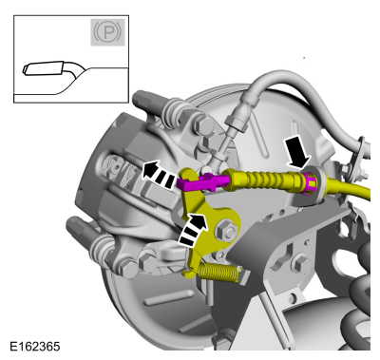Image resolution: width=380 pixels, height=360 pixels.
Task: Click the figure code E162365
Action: tap(34, 346)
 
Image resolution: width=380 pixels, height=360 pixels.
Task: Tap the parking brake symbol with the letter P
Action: tap(107, 32)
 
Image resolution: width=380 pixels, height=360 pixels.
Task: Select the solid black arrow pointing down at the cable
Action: tap(297, 153)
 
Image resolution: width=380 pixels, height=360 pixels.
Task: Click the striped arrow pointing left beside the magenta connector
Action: tap(158, 174)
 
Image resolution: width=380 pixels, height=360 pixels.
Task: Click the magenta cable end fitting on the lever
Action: tap(202, 182)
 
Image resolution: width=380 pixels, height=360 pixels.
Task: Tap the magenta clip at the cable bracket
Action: tap(309, 183)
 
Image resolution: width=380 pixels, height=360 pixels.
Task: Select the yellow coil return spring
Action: tap(218, 273)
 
